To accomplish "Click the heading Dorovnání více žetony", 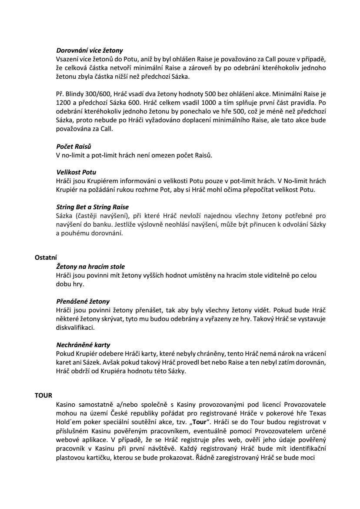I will pos(90,51).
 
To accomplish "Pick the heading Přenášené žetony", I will pos(83,301).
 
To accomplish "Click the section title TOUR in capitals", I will pos(43,395).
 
